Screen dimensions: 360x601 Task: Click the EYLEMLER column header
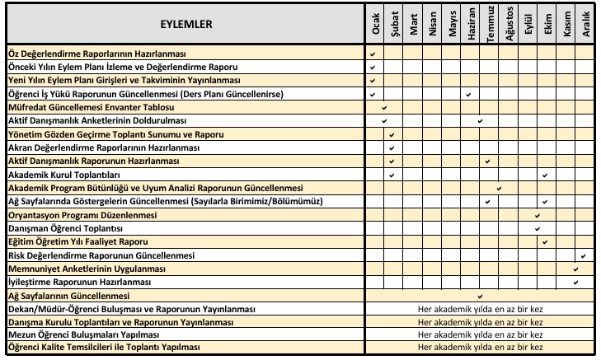(x=185, y=24)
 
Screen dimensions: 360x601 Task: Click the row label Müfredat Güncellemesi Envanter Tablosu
(x=91, y=108)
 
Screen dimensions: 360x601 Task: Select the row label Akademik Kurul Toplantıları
(x=64, y=175)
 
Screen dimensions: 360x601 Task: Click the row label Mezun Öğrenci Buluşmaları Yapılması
(x=82, y=335)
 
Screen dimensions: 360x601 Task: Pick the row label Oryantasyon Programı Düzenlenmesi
(x=82, y=215)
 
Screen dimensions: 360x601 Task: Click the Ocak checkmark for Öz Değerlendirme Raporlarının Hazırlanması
(x=373, y=54)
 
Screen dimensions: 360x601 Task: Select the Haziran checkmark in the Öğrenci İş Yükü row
(x=467, y=95)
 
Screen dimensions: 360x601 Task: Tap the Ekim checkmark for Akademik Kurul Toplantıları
(x=546, y=175)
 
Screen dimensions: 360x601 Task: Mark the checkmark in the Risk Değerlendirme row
(x=584, y=255)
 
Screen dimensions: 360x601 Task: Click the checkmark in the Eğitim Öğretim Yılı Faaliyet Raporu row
(x=546, y=242)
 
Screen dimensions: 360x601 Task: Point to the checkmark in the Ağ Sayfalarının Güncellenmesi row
(x=480, y=295)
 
